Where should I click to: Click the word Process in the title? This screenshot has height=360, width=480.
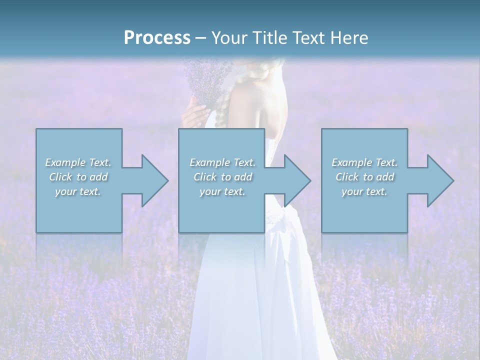[x=157, y=38]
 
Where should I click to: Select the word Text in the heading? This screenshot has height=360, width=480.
[x=307, y=38]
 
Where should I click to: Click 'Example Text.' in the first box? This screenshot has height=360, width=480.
[x=78, y=162]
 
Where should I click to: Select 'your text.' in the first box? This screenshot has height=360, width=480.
[x=78, y=191]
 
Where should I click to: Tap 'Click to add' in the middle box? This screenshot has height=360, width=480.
[x=222, y=177]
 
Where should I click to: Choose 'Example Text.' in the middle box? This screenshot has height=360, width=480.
[x=222, y=162]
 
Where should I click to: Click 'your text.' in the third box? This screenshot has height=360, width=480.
[x=364, y=191]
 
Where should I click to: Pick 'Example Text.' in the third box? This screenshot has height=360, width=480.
[x=364, y=162]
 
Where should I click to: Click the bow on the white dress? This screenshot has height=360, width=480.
[x=282, y=220]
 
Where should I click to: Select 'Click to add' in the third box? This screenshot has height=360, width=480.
[x=364, y=177]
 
